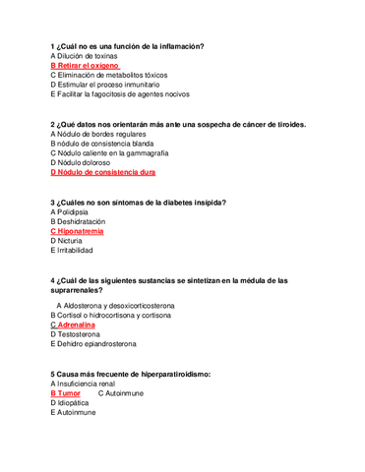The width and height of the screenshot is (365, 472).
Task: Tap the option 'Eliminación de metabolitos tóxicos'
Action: coord(111,75)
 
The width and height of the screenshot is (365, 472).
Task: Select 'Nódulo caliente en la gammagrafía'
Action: coord(111,153)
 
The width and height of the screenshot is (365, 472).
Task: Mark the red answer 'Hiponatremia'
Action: coord(81,231)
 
